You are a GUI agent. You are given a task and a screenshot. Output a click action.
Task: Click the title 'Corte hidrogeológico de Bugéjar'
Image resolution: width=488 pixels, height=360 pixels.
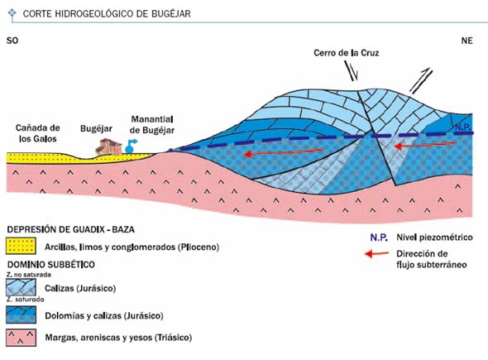107,14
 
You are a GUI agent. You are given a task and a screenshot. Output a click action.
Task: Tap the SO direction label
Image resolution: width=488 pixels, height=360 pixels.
12,41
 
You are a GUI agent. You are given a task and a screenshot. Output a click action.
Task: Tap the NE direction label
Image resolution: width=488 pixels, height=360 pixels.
466,41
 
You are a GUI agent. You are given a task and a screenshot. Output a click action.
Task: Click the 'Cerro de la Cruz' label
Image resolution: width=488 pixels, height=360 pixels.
346,53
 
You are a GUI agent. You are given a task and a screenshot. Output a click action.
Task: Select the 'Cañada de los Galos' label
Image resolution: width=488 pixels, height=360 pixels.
38,133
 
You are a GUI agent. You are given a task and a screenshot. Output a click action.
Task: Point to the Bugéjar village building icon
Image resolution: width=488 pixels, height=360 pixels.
108,146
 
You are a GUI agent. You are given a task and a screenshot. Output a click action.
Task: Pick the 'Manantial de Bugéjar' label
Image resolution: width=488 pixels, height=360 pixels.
152,125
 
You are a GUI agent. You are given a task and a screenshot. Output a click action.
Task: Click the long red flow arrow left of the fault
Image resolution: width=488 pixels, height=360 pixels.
283,152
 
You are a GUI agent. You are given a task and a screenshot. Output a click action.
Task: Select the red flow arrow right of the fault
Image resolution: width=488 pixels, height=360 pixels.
424,145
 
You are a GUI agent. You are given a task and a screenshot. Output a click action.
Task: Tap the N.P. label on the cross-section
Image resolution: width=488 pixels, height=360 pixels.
464,127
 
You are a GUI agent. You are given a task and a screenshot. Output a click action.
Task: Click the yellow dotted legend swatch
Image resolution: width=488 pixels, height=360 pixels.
21,246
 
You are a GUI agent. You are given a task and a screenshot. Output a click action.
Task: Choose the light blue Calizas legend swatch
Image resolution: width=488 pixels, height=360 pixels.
21,287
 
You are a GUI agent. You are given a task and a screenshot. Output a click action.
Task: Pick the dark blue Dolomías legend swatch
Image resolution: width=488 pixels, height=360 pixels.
21,314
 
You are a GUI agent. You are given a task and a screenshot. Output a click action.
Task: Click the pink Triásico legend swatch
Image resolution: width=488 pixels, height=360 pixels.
21,338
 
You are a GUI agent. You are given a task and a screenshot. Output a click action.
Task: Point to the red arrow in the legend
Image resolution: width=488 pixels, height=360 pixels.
376,254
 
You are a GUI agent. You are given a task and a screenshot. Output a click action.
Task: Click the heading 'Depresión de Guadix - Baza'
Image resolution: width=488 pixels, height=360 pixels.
70,229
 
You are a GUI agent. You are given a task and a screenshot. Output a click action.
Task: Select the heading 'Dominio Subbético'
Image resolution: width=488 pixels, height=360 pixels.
51,264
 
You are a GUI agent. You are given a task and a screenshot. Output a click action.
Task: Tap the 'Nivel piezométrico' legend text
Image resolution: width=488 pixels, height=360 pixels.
434,238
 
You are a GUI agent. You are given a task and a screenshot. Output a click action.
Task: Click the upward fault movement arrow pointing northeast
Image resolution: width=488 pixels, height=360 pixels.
421,80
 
